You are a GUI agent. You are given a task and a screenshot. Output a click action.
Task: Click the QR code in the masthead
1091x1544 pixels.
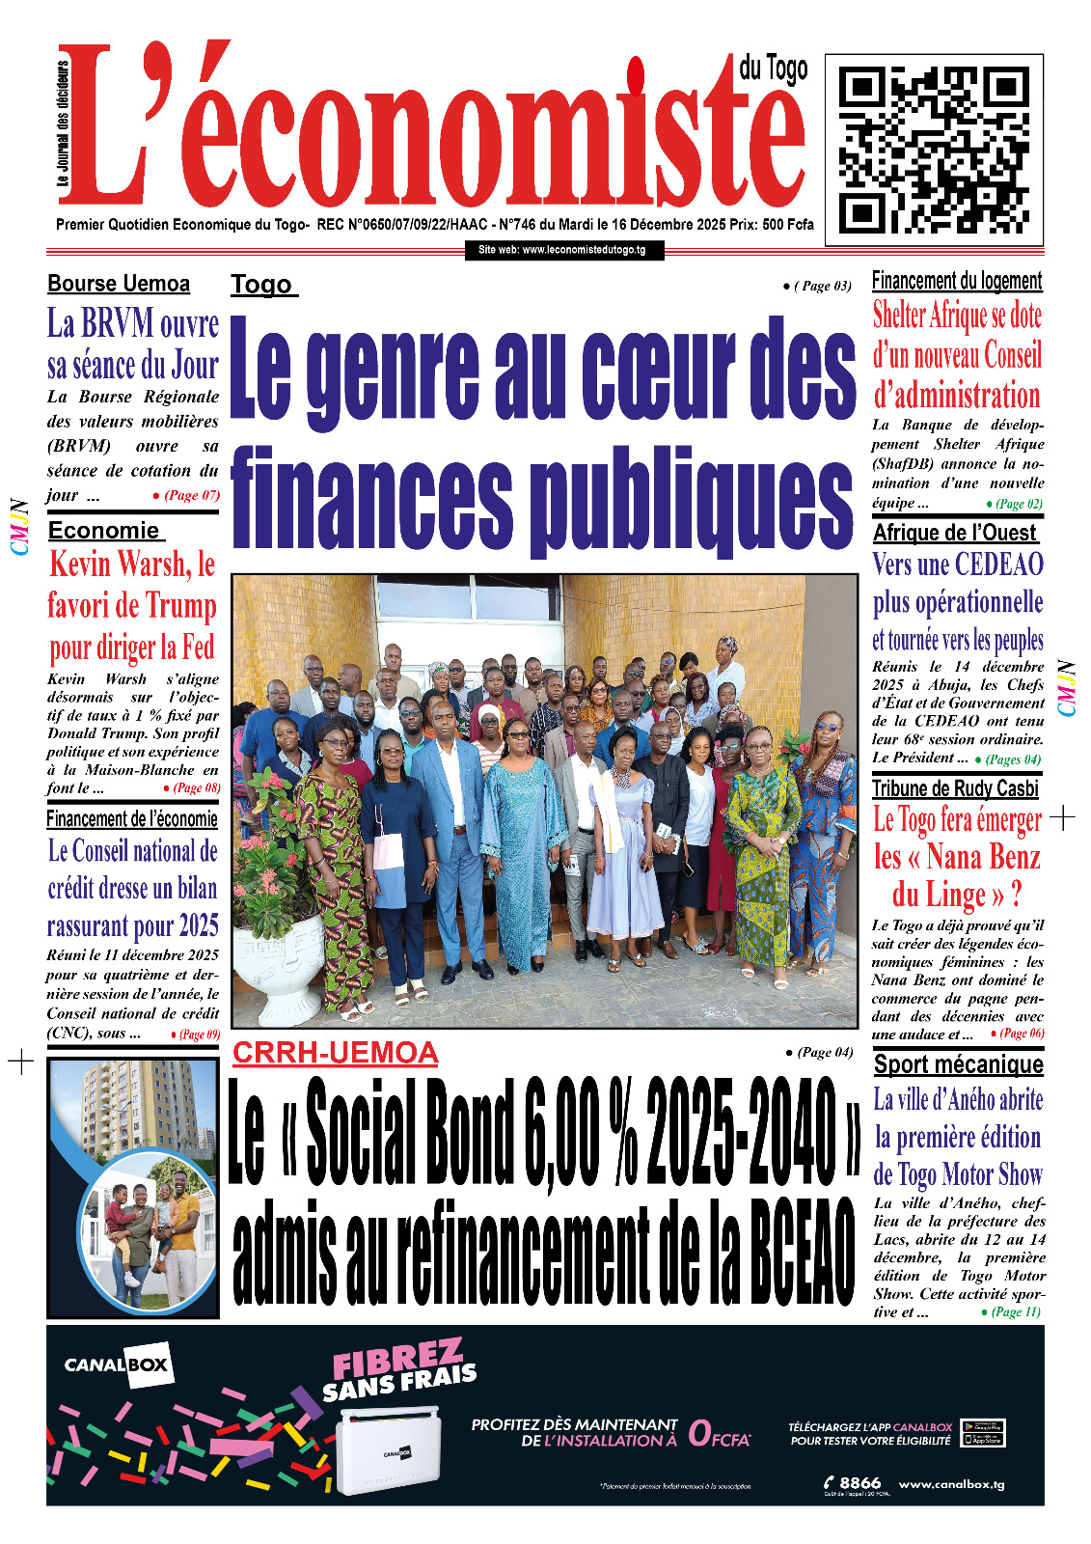point(934,151)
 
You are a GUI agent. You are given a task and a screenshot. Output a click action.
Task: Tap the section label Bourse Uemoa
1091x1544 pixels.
point(119,284)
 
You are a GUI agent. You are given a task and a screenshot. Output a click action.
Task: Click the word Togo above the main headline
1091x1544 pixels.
point(261,285)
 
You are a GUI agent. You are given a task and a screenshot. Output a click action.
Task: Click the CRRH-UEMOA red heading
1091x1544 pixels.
point(335,1053)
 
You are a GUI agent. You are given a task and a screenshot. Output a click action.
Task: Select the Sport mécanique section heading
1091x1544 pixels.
point(958,1064)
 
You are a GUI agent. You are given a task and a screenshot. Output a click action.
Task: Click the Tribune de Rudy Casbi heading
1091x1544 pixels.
point(955,788)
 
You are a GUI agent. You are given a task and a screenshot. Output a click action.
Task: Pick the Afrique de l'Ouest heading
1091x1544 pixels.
point(954,533)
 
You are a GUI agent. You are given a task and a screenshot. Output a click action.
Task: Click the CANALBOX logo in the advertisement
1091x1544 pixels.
point(117,1365)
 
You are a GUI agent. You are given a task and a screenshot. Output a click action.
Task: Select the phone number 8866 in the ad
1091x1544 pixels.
point(859,1483)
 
